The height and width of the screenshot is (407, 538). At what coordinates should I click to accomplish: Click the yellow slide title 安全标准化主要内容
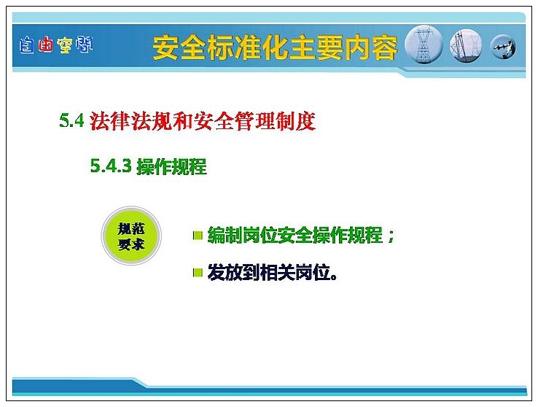[275, 47]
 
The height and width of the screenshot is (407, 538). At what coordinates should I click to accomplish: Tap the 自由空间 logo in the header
[56, 45]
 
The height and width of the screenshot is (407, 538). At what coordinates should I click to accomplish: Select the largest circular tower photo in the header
[424, 44]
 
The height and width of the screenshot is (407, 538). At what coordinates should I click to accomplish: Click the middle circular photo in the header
[466, 46]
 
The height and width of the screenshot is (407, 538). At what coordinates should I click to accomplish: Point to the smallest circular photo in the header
[503, 47]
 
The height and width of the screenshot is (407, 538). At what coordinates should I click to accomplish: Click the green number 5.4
[71, 120]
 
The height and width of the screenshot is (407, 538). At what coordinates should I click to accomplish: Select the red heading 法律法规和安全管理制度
[203, 121]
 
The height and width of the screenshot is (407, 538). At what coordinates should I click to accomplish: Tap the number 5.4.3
[111, 166]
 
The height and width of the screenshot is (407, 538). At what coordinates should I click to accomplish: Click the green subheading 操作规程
[171, 166]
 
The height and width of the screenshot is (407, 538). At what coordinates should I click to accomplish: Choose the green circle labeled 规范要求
[131, 236]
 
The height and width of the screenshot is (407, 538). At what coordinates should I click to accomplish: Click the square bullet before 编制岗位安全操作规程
[198, 236]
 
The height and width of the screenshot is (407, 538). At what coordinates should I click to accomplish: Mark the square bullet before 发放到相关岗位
[198, 273]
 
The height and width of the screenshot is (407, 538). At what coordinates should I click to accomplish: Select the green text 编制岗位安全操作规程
[295, 235]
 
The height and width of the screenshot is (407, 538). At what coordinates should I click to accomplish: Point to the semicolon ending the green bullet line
[391, 236]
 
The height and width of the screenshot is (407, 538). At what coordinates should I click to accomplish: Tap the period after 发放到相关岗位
[333, 277]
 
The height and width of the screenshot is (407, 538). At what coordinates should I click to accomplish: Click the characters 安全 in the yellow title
[179, 47]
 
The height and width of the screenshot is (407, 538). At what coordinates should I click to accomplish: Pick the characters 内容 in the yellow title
[371, 47]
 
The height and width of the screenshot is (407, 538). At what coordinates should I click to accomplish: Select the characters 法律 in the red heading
[110, 121]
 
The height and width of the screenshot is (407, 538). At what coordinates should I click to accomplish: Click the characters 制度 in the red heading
[296, 121]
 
